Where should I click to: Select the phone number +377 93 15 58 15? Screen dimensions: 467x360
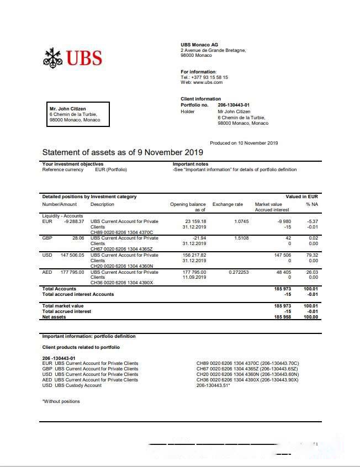coord(209,78)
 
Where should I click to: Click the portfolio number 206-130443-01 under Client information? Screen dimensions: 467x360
coord(234,105)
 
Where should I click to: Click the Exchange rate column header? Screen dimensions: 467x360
coord(227,204)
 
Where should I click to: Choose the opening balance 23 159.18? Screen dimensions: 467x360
coord(195,221)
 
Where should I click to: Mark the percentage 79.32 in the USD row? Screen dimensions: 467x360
coord(313,255)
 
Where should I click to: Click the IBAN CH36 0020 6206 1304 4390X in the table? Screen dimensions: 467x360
coord(121,283)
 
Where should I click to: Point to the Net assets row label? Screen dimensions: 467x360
coord(54,317)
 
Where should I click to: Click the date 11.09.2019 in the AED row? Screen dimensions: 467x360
coord(194,278)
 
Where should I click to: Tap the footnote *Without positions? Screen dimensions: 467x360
coord(61,401)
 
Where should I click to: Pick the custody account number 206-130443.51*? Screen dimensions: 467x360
coord(213,385)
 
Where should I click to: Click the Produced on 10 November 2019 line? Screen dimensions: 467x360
coord(244,143)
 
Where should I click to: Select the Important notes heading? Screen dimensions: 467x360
coord(190,164)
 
